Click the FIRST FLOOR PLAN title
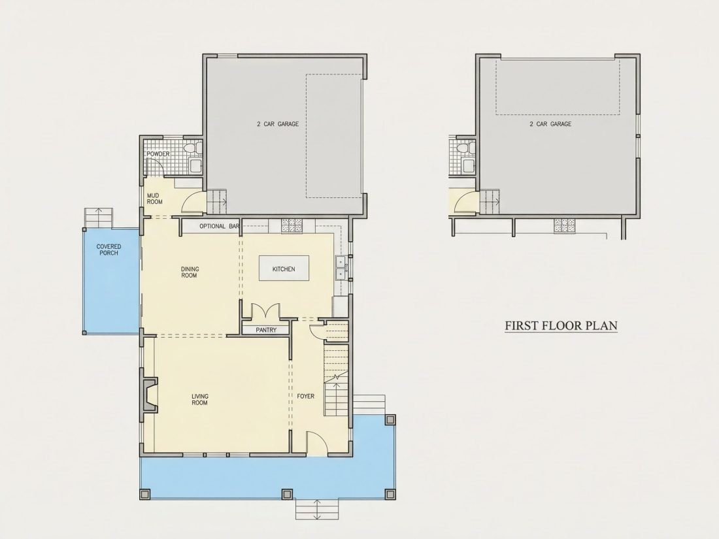[561, 325]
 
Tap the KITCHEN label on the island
[284, 269]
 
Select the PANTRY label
[266, 330]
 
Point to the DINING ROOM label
[190, 272]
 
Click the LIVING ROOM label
[199, 400]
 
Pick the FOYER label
[305, 396]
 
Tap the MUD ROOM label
[154, 199]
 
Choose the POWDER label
[158, 154]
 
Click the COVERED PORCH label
[109, 250]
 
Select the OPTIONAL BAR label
[220, 226]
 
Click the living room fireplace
[150, 395]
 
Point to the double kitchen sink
[341, 268]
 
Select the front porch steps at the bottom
[317, 509]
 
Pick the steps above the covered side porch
[98, 218]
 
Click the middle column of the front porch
[287, 495]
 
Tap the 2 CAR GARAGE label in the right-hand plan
[550, 123]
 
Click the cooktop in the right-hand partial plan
[565, 225]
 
